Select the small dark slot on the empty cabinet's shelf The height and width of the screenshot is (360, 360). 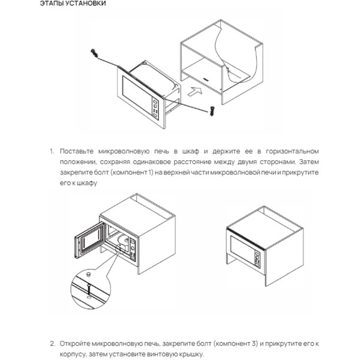click(x=206, y=77)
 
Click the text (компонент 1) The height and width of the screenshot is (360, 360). click(x=125, y=172)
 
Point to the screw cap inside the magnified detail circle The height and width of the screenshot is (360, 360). click(x=88, y=274)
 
